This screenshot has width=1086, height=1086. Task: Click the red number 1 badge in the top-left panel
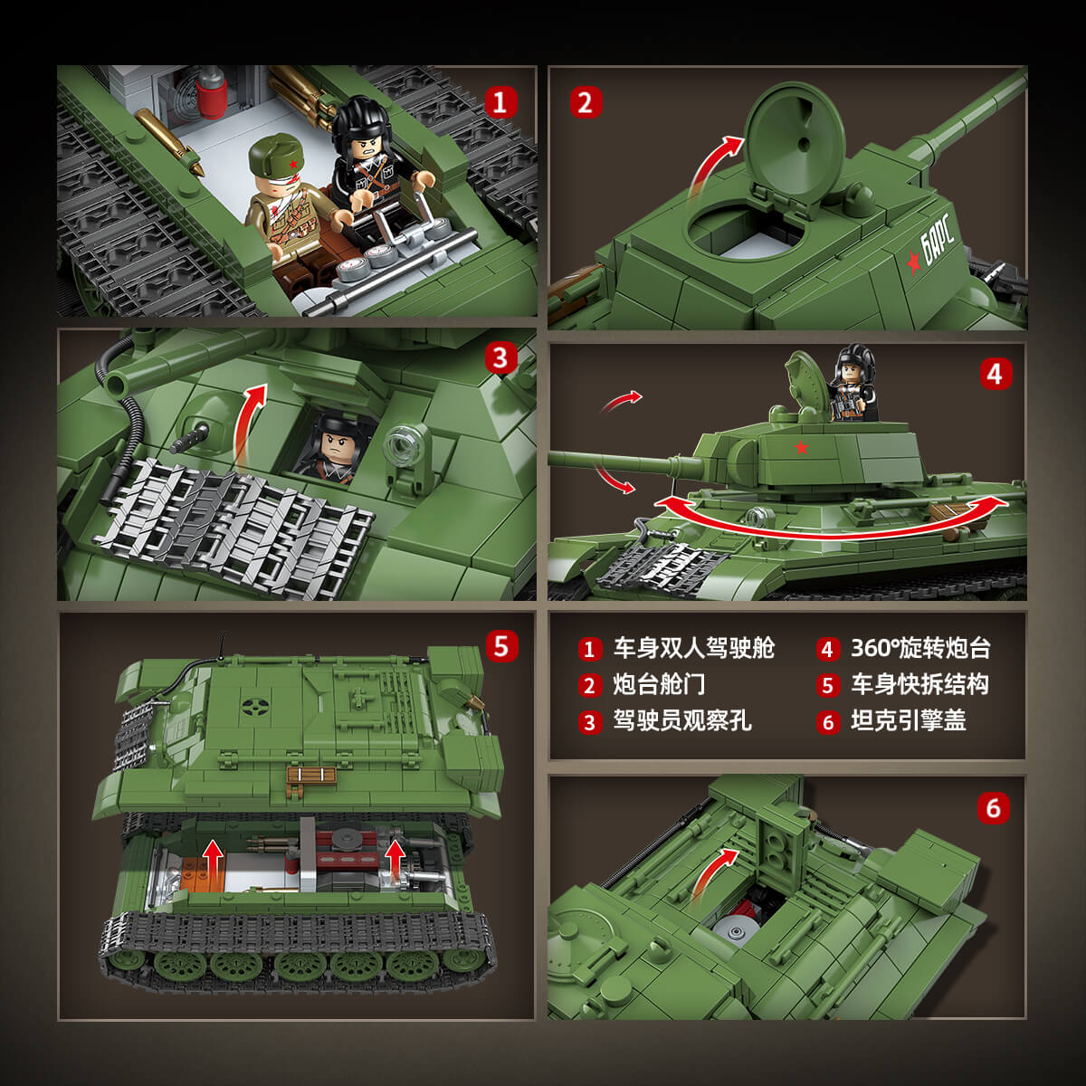pos(500,102)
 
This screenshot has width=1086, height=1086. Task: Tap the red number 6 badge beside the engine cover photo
pos(994,807)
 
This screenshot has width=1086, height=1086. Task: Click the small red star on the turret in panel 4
pos(801,448)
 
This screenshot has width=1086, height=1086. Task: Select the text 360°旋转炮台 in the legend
pos(920,648)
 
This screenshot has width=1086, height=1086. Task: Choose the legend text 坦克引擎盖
pos(909,720)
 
